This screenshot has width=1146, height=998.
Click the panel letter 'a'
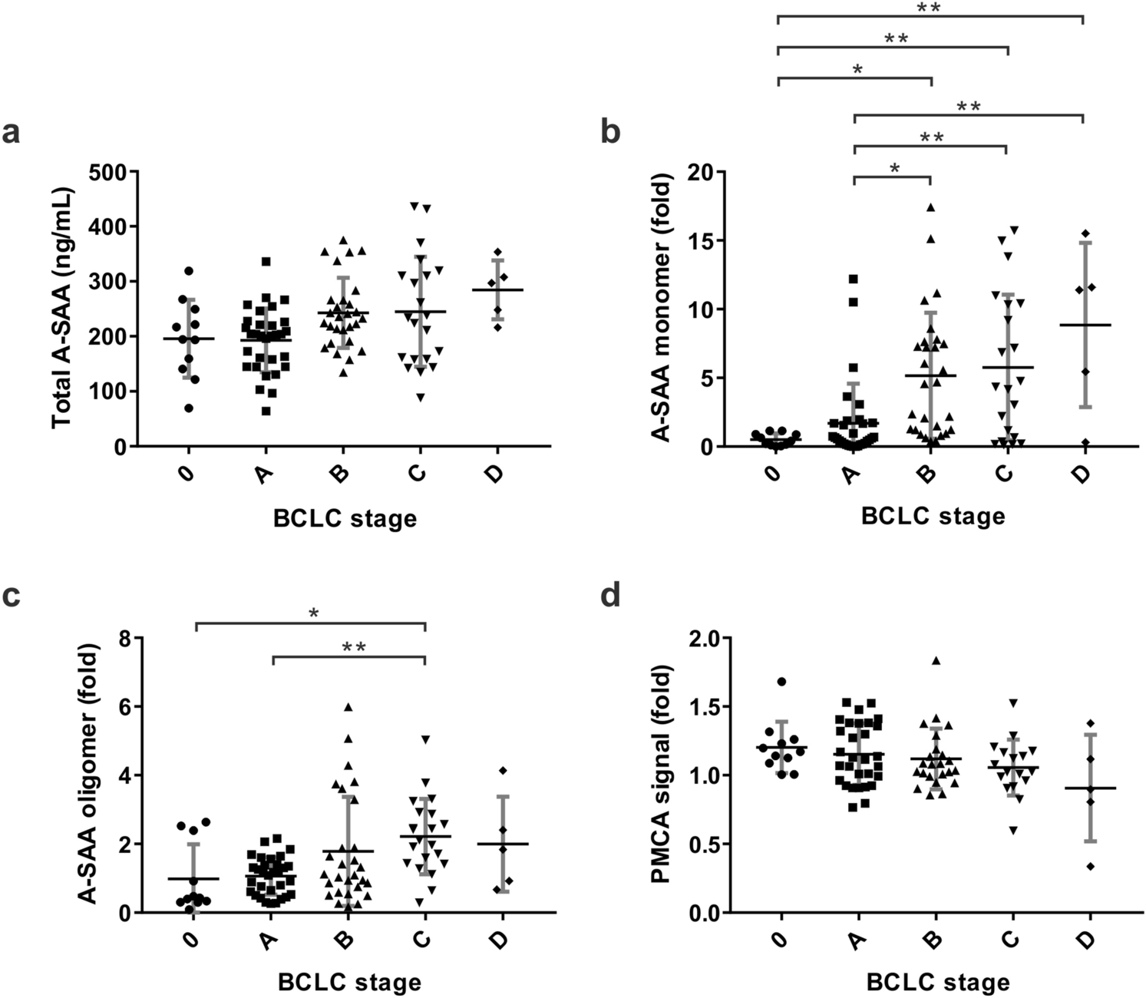pyautogui.click(x=12, y=134)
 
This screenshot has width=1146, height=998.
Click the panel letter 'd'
pyautogui.click(x=610, y=595)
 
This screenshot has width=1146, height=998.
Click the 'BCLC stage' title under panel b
pyautogui.click(x=933, y=516)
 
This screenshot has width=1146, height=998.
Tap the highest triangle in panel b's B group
pyautogui.click(x=930, y=207)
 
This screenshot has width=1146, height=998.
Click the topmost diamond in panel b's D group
pyautogui.click(x=1085, y=233)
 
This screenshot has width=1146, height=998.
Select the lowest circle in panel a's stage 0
pyautogui.click(x=188, y=408)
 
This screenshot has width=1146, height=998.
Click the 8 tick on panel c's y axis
pyautogui.click(x=124, y=637)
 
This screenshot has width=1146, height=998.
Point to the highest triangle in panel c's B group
pyautogui.click(x=348, y=707)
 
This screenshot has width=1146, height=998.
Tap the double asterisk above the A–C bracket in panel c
pyautogui.click(x=353, y=647)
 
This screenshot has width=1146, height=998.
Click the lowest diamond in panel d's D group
pyautogui.click(x=1090, y=866)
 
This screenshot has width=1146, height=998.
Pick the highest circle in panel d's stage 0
pyautogui.click(x=781, y=682)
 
